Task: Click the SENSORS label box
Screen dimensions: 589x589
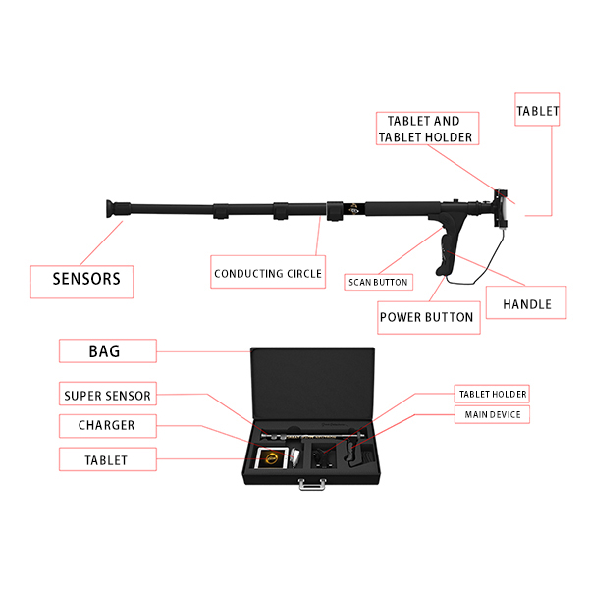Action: (x=81, y=282)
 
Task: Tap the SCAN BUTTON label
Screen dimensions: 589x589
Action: (x=378, y=282)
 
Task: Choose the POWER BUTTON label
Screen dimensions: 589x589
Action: (x=429, y=317)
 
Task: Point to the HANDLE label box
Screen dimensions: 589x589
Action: (x=526, y=302)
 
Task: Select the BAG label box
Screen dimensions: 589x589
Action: (x=108, y=350)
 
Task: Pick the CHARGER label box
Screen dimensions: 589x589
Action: (x=108, y=426)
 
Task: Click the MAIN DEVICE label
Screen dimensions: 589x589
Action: (x=492, y=414)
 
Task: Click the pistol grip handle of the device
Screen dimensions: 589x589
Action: (x=449, y=248)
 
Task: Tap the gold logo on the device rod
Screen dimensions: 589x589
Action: (x=353, y=209)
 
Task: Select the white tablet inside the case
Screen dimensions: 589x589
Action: (x=271, y=458)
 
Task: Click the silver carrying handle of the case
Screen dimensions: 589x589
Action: (x=312, y=484)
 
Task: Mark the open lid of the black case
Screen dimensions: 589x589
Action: (x=312, y=383)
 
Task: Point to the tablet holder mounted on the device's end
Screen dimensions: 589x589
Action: (x=501, y=208)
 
